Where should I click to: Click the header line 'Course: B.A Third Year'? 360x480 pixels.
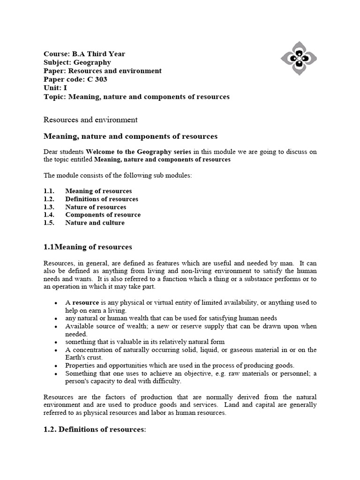(84, 54)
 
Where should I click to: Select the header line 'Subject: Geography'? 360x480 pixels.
(77, 62)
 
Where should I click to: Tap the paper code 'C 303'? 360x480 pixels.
(97, 79)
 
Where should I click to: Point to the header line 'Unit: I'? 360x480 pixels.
(55, 88)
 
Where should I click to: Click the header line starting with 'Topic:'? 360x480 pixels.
(136, 97)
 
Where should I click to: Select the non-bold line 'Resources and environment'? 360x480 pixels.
(90, 120)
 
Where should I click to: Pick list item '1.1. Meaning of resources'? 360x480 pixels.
(98, 191)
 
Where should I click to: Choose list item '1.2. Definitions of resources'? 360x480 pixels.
(102, 199)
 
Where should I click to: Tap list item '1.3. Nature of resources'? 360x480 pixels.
(96, 207)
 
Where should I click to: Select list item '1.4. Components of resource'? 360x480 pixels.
(103, 215)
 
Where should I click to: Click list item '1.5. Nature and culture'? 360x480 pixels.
(95, 223)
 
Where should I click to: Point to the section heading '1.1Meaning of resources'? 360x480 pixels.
(88, 247)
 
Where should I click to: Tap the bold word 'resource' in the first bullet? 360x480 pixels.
(85, 303)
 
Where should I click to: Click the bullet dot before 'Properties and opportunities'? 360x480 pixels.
(56, 366)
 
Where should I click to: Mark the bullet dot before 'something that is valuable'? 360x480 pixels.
(56, 342)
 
